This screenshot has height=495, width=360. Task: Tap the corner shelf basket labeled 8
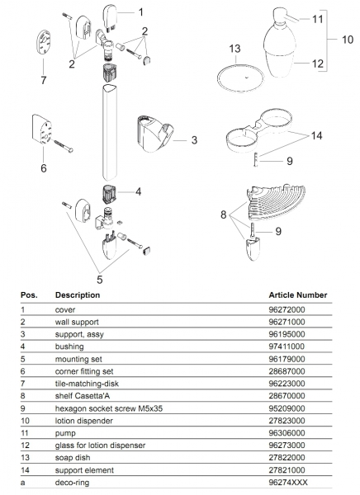click(x=276, y=202)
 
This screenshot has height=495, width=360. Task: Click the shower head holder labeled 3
click(x=155, y=134)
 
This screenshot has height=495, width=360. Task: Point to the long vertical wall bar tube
click(x=110, y=132)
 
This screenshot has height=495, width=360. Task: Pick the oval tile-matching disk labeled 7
click(x=43, y=43)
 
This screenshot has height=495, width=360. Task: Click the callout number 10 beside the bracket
click(x=348, y=40)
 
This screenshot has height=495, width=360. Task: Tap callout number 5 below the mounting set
click(x=100, y=280)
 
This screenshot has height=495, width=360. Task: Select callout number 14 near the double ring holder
click(x=316, y=136)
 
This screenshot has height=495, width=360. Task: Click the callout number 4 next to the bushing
click(x=138, y=191)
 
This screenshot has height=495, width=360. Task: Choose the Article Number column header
click(x=298, y=295)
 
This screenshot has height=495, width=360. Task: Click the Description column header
click(x=78, y=295)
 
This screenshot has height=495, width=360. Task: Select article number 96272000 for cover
click(x=287, y=309)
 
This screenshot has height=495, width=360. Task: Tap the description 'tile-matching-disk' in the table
click(x=87, y=384)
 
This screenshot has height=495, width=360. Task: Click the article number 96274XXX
click(x=288, y=483)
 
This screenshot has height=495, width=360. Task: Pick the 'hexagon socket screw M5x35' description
click(x=109, y=408)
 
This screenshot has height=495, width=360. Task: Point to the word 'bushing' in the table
click(x=69, y=346)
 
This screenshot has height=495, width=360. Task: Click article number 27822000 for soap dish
click(x=287, y=458)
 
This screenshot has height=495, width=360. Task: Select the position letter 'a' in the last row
click(x=23, y=483)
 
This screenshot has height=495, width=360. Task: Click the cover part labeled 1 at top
click(x=109, y=17)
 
